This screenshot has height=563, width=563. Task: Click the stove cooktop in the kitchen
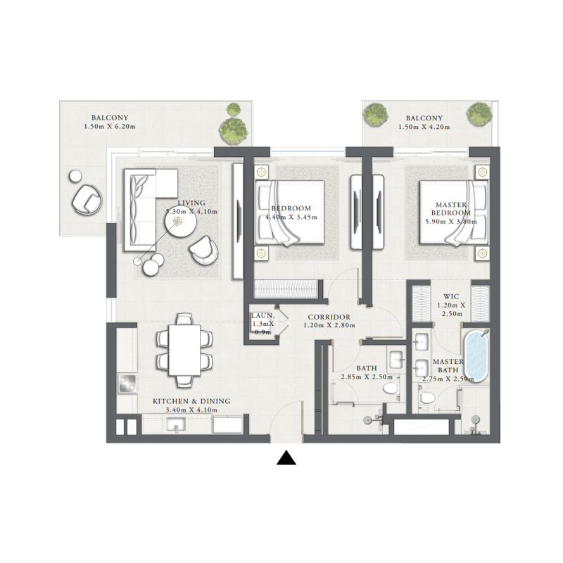(127, 384)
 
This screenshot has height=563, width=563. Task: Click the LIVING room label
(191, 203)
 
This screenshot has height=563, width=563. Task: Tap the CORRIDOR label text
(329, 317)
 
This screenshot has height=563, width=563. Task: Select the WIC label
(451, 296)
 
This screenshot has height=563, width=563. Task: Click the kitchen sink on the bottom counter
(176, 424)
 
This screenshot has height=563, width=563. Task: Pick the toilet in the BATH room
(391, 388)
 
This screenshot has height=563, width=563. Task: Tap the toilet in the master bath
(427, 398)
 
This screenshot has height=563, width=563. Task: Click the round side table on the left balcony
(75, 177)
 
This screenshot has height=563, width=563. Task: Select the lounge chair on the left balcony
(87, 199)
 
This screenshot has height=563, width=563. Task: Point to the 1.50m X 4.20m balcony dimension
(424, 127)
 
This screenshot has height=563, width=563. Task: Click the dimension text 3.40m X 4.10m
(191, 410)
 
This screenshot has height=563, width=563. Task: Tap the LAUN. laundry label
(262, 316)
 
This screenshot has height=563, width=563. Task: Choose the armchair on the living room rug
(203, 251)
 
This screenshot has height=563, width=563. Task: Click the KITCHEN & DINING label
(191, 401)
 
